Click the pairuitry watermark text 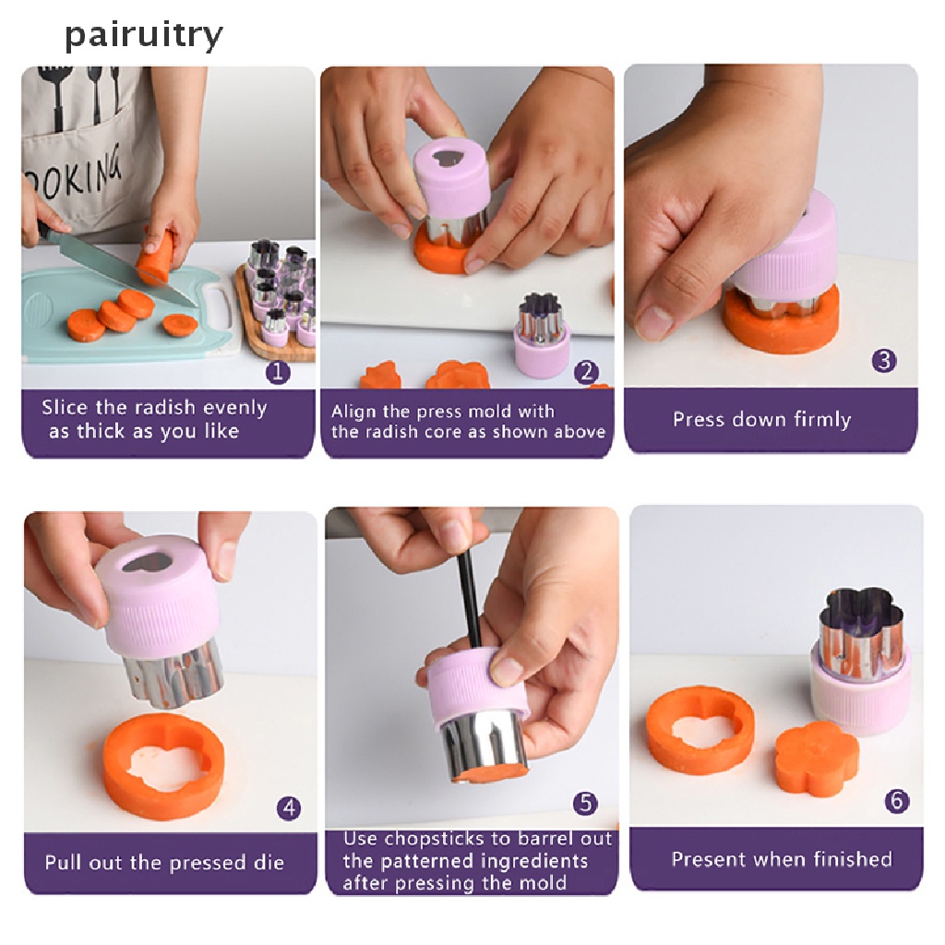pyautogui.click(x=143, y=35)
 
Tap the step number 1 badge pyautogui.click(x=278, y=372)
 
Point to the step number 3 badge pyautogui.click(x=884, y=360)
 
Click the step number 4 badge pyautogui.click(x=289, y=808)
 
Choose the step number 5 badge pyautogui.click(x=585, y=804)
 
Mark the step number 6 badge pyautogui.click(x=896, y=801)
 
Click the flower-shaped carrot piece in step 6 pyautogui.click(x=810, y=758)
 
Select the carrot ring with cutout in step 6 pyautogui.click(x=700, y=729)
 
